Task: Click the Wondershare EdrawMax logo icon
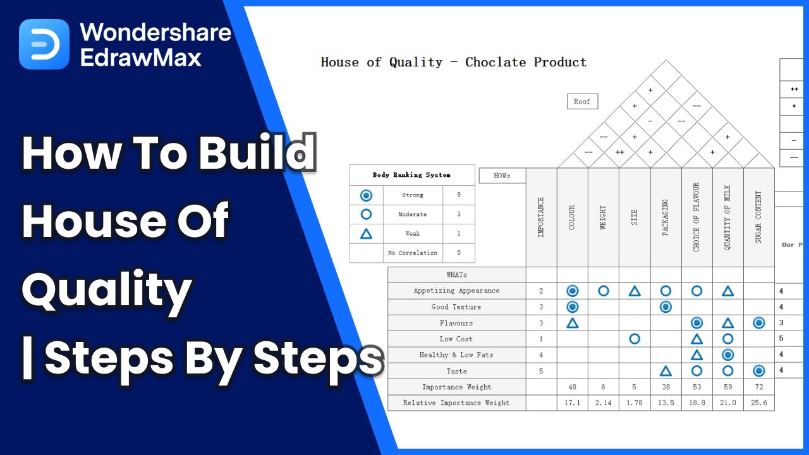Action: pos(44,44)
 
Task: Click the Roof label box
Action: pos(582,102)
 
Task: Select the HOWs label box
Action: pos(502,176)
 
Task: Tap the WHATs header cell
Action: pos(456,275)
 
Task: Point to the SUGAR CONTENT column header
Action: pos(758,217)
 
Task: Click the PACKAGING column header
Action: pos(666,217)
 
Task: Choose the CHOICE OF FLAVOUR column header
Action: pos(696,217)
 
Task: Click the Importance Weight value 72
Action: pos(758,387)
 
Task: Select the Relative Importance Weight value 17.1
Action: pos(572,403)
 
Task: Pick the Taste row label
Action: pos(456,371)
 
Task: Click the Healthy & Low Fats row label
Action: pos(456,355)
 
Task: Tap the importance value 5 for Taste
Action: pos(541,371)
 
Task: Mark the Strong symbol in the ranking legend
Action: pos(366,195)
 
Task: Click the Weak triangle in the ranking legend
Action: pos(366,234)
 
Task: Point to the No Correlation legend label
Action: pos(413,253)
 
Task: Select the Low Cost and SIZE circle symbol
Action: pos(635,339)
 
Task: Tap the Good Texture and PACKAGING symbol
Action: pos(666,306)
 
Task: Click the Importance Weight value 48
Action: pos(572,387)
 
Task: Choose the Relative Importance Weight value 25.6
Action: pos(758,403)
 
